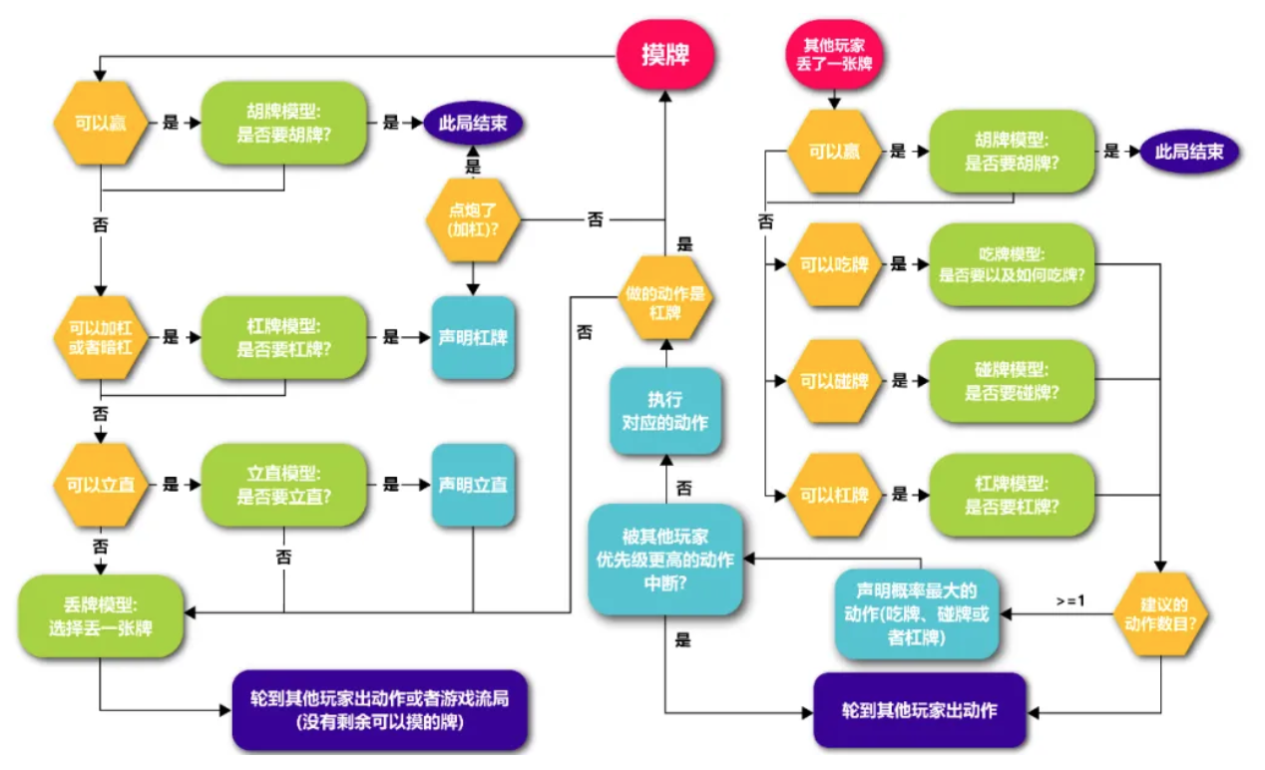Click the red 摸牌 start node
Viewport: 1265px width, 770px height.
665,51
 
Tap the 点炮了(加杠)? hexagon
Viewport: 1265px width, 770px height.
474,218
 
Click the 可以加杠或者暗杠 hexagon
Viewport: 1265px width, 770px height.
99,337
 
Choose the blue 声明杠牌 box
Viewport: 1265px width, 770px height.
473,337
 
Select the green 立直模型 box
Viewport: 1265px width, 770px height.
284,485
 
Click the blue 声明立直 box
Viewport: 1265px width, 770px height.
473,485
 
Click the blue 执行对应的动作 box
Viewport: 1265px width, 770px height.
665,411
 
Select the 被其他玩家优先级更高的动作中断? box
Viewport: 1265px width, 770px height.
665,559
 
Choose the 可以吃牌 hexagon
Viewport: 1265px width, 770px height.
835,264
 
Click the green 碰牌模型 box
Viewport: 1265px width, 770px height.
1012,381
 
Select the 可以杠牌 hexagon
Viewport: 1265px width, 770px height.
835,495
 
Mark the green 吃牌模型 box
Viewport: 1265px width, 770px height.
1012,264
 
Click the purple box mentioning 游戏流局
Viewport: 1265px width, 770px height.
379,709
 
